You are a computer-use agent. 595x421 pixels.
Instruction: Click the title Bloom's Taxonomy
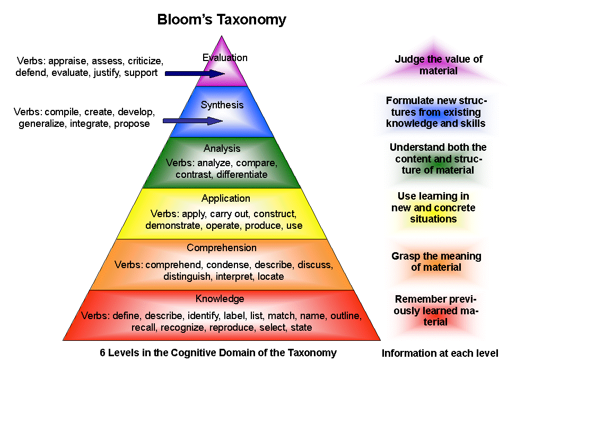pos(222,20)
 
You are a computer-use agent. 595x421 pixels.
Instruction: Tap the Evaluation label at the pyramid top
pos(225,58)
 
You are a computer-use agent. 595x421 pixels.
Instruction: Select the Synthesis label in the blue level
pos(222,105)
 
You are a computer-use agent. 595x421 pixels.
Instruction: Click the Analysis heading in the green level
pos(222,149)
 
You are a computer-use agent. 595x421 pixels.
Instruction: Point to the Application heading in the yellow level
pos(225,199)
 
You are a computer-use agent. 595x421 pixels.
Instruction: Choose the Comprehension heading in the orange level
pos(222,248)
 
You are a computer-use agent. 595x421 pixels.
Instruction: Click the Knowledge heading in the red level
pos(220,298)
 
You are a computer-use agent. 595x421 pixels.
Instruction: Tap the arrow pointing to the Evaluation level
pos(195,73)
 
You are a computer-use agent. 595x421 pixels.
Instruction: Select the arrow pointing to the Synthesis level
pos(192,121)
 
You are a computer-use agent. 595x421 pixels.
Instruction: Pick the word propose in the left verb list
pos(132,124)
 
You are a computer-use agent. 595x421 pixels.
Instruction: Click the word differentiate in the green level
pos(242,174)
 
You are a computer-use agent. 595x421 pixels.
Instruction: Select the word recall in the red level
pos(144,328)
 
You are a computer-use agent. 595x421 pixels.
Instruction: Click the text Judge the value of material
pos(439,65)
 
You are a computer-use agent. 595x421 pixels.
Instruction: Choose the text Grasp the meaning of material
pos(436,262)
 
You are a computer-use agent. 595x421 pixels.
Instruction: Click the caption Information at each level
pos(440,353)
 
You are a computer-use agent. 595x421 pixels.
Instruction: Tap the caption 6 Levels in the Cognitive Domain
pos(218,353)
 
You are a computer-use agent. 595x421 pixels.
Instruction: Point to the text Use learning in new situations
pos(433,208)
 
